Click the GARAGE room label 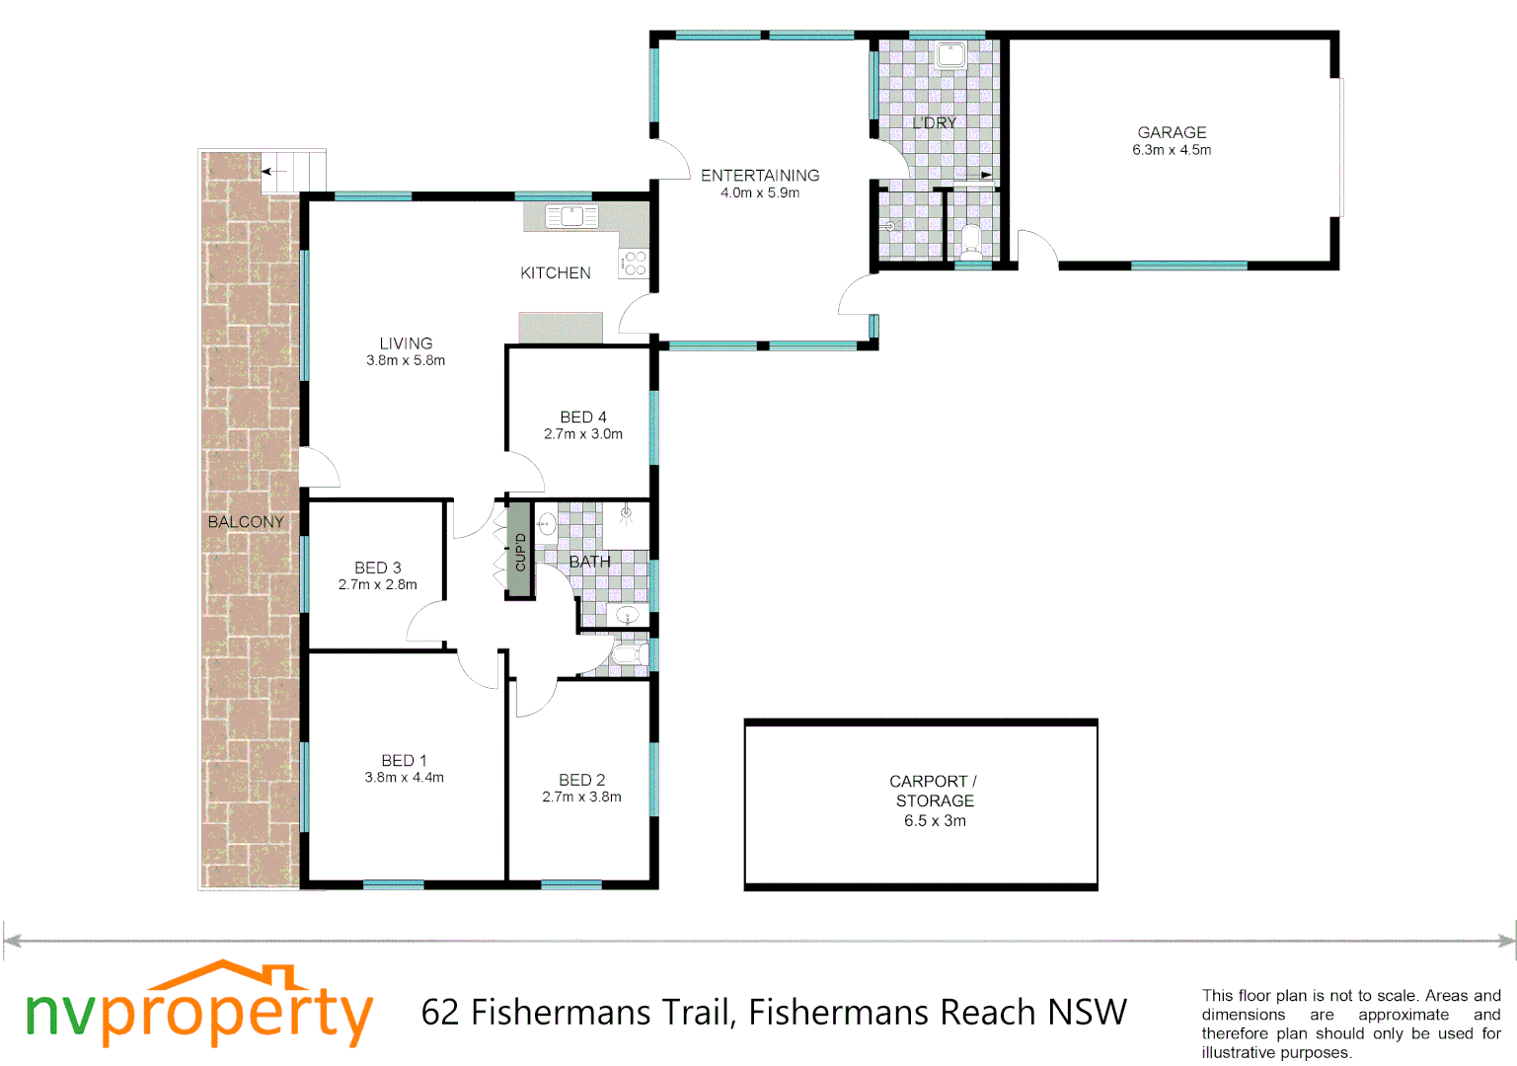(1172, 132)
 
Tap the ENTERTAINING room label (760, 175)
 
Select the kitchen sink (571, 216)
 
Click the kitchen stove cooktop (634, 263)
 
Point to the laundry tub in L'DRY (950, 55)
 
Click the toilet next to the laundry (971, 239)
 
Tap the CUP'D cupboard (520, 551)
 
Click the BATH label (589, 562)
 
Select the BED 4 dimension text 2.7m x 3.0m (583, 434)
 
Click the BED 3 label (377, 568)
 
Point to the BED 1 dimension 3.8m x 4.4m (404, 778)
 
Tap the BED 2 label (581, 780)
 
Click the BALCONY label (246, 521)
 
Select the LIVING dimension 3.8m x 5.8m (406, 361)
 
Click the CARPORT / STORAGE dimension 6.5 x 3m (935, 821)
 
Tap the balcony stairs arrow (273, 172)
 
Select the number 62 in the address (440, 1013)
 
